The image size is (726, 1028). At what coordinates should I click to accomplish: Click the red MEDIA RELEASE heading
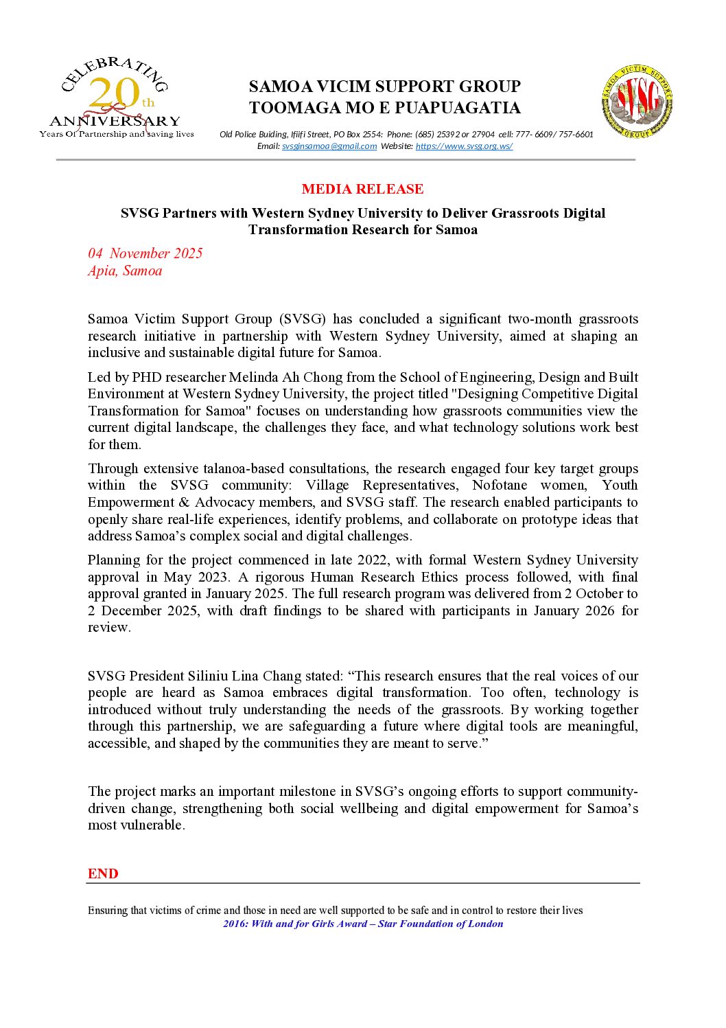click(362, 189)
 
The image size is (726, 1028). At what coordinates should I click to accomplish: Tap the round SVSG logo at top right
click(637, 102)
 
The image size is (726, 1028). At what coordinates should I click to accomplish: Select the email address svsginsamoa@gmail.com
click(329, 146)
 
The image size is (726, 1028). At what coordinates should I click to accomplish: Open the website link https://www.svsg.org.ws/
click(464, 146)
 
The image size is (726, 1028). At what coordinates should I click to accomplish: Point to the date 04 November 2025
click(145, 253)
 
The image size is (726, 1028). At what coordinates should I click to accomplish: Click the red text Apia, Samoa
click(125, 271)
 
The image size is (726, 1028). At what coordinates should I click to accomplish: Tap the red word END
click(103, 873)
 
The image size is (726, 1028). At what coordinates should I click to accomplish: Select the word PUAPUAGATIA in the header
click(458, 108)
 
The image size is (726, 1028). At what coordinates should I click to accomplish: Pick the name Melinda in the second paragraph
click(253, 377)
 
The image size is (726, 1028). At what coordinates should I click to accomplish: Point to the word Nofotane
click(500, 486)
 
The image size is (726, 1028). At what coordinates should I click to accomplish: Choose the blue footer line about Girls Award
click(363, 924)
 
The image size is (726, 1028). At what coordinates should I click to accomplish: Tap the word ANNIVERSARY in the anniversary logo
click(115, 122)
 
